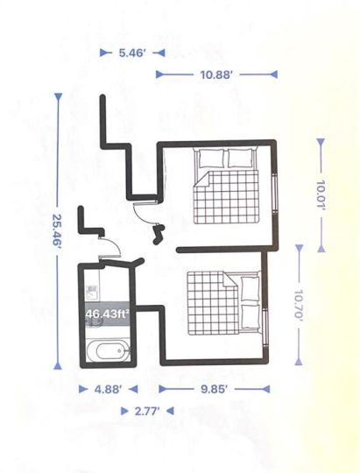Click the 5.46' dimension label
(132, 53)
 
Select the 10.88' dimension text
(216, 74)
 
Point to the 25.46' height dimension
(57, 230)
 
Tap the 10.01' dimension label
(321, 196)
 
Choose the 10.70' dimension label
(299, 306)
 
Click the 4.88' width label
(109, 390)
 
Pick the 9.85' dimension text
(214, 389)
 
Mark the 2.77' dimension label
(147, 411)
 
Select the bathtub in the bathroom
(109, 350)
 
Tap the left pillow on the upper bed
(212, 158)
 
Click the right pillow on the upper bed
(240, 158)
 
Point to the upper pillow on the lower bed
(251, 288)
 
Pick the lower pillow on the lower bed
(251, 316)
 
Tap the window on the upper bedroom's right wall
(275, 194)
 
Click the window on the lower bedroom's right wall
(265, 328)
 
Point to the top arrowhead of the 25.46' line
(58, 97)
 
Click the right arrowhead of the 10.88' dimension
(273, 74)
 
